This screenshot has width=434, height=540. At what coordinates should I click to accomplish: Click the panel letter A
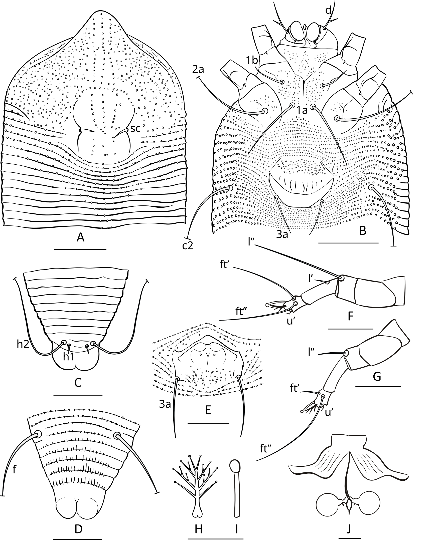[80, 238]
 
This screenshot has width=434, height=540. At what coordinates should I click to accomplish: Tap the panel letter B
[363, 231]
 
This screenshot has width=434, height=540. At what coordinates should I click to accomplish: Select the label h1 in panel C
[68, 357]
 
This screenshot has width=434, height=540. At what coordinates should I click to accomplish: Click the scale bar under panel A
[80, 249]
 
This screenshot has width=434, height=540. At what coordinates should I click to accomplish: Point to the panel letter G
[377, 376]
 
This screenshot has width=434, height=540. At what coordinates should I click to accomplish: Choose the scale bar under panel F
[350, 328]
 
